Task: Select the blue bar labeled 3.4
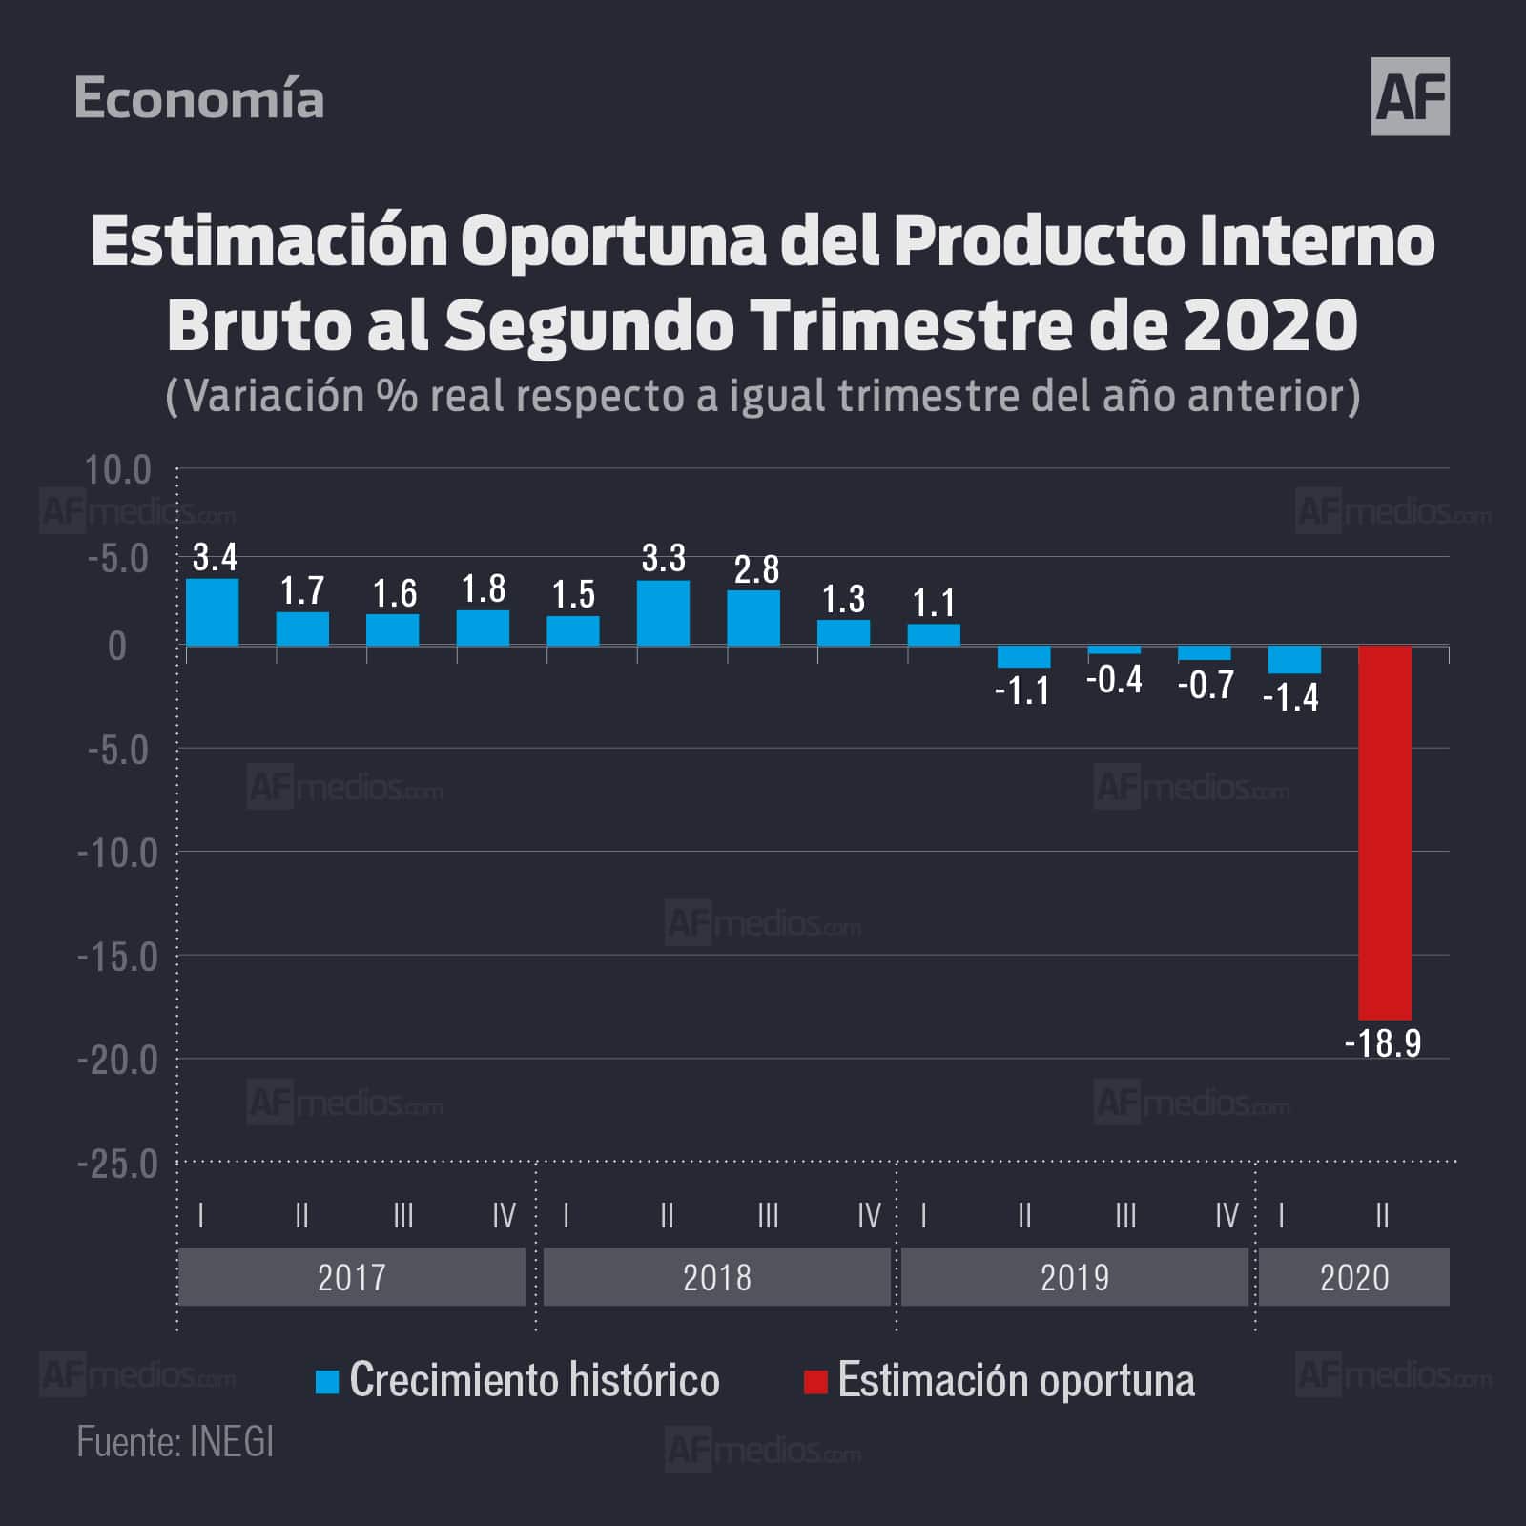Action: click(212, 612)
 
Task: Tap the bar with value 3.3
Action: click(663, 613)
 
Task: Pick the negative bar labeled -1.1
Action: click(1023, 656)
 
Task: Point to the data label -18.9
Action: click(1382, 1043)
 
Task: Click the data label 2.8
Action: click(756, 569)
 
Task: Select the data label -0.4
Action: click(1114, 679)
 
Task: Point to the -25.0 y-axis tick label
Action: click(117, 1164)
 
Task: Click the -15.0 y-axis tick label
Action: click(117, 957)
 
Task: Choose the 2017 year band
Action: click(352, 1277)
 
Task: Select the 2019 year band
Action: click(1075, 1277)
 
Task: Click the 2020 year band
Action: click(1354, 1277)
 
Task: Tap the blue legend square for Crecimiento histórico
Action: click(327, 1382)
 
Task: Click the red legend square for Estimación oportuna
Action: click(815, 1382)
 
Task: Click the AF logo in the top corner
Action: click(1410, 96)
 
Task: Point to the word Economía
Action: click(199, 99)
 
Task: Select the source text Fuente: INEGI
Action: click(175, 1442)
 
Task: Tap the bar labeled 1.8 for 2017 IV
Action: click(483, 628)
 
